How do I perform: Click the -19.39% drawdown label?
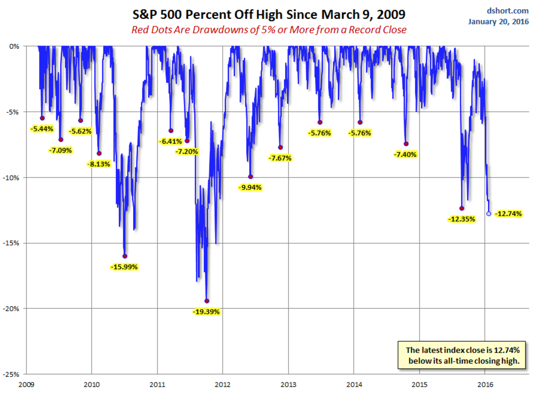206,311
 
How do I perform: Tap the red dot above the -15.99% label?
125,256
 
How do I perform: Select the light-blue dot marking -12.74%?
488,214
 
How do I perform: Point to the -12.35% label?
462,219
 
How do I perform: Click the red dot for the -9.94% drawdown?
250,177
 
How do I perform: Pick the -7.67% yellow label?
280,158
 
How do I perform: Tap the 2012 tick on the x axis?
222,384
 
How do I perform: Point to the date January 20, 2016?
499,21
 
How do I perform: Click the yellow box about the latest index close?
463,355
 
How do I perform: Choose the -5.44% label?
42,128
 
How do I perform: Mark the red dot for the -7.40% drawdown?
406,144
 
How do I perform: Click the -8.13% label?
99,164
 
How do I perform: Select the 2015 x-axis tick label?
420,384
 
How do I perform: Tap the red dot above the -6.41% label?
171,130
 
